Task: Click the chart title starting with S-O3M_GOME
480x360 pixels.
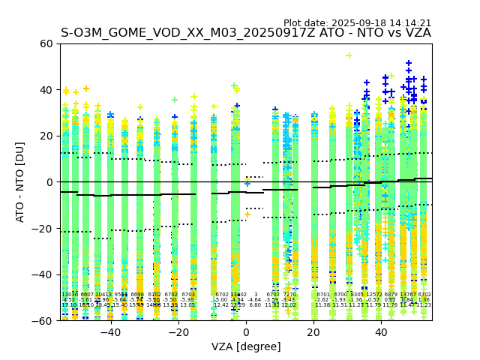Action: click(245, 33)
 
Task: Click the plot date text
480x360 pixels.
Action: click(357, 23)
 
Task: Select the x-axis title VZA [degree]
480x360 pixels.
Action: click(246, 346)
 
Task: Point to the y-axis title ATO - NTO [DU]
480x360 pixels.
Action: click(20, 181)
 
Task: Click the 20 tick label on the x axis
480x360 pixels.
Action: click(313, 331)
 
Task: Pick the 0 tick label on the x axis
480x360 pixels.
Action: click(246, 331)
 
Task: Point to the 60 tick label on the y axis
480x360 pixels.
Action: click(46, 43)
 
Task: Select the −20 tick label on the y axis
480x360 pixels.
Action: click(43, 228)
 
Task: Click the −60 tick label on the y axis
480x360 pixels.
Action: click(43, 320)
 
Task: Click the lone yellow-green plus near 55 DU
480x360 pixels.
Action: click(349, 55)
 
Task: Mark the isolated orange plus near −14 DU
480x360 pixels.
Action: click(247, 214)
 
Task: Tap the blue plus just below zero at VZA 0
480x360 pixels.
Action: click(247, 183)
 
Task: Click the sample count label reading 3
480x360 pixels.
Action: click(256, 295)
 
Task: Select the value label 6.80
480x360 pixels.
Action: click(255, 305)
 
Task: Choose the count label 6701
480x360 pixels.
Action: click(323, 295)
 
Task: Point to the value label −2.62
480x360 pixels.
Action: click(322, 300)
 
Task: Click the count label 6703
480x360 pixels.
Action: click(188, 295)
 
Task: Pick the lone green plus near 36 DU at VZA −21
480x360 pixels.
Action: click(175, 99)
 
